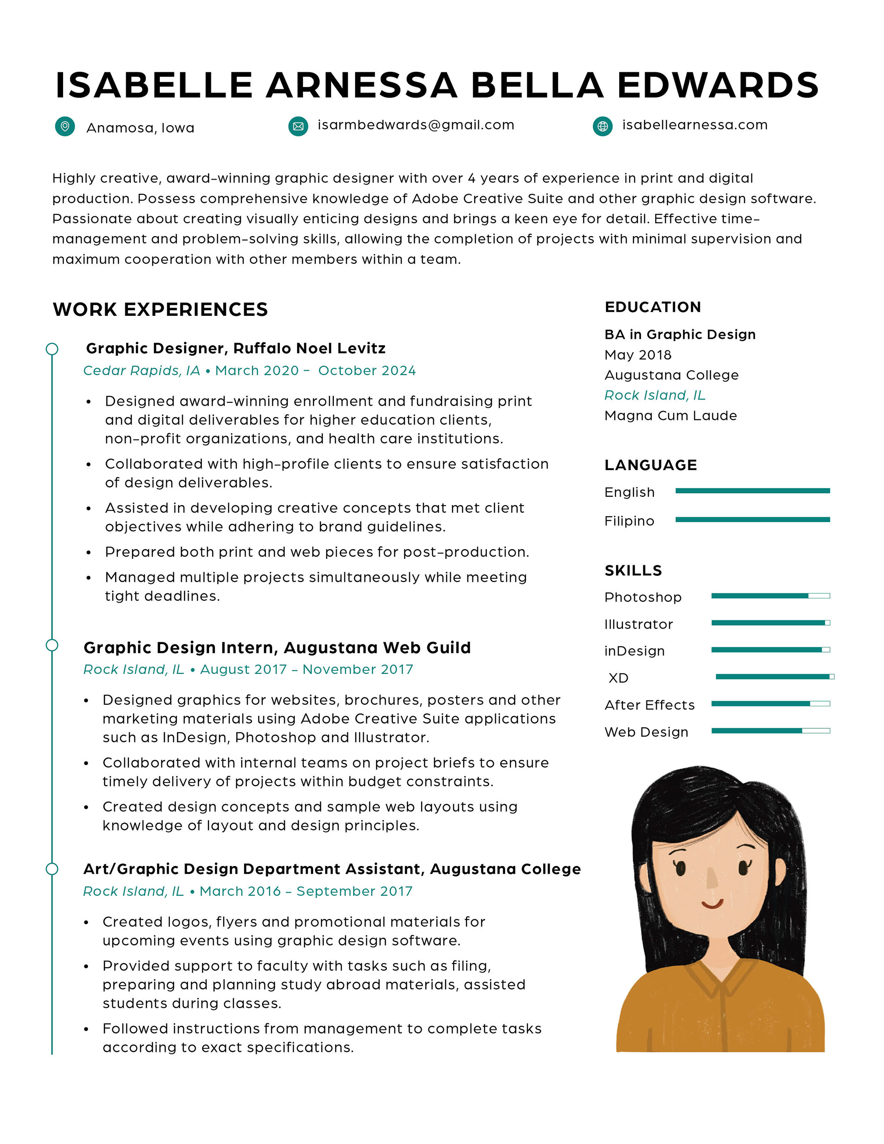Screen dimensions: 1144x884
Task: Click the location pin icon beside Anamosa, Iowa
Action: tap(65, 126)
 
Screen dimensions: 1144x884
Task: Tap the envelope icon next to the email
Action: tap(298, 126)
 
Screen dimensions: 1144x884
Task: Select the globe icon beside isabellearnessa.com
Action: tap(603, 126)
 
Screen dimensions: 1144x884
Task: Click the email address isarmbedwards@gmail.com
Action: tap(416, 125)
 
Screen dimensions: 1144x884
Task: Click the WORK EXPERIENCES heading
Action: tap(160, 309)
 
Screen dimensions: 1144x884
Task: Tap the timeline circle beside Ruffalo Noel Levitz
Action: tap(52, 349)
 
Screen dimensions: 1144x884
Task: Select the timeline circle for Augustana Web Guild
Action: tap(52, 645)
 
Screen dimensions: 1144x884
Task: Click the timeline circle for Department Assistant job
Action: tap(52, 869)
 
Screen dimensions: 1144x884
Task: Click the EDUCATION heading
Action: tap(652, 307)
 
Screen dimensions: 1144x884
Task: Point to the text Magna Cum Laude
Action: tap(670, 415)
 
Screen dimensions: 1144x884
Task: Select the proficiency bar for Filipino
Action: tap(752, 520)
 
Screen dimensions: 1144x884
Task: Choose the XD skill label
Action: tap(618, 678)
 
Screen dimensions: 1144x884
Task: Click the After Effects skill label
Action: tap(649, 705)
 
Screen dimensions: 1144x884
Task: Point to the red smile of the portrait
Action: tap(712, 904)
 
